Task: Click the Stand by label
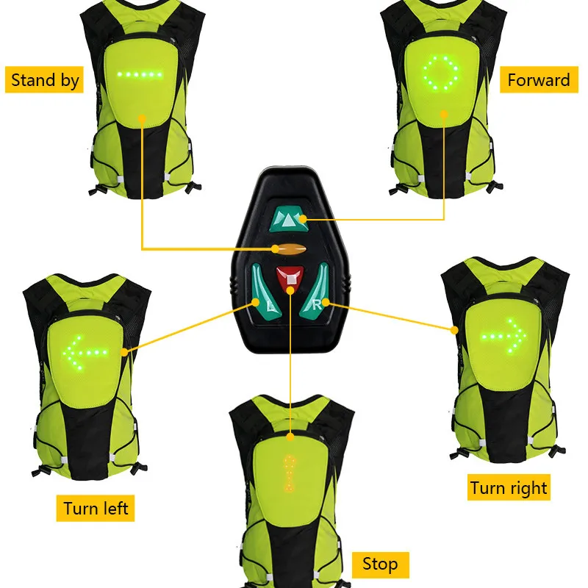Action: [x=45, y=79]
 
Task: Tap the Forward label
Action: [x=539, y=80]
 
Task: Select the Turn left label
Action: [x=96, y=508]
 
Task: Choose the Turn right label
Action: [x=509, y=487]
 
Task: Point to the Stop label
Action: [x=380, y=564]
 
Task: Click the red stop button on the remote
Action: [x=291, y=278]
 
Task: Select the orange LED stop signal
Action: [x=290, y=475]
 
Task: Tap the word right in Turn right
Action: [x=528, y=487]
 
